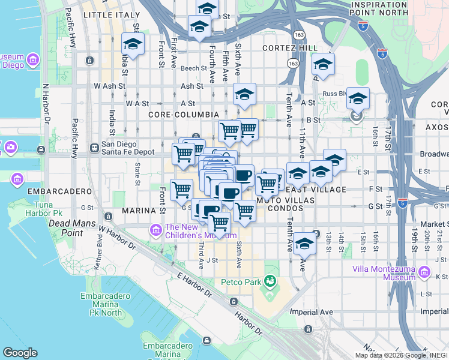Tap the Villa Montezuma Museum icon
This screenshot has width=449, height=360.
point(424,273)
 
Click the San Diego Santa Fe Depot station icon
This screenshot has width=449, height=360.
point(94,148)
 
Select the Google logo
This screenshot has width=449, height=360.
point(20,353)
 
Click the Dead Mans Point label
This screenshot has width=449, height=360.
point(65,227)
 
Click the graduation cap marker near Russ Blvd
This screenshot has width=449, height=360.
point(358,98)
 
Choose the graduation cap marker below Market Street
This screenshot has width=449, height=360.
point(305,244)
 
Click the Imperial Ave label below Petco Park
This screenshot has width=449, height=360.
point(311,312)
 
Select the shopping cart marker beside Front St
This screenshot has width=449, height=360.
point(181,190)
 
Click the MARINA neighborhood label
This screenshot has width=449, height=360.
point(139,211)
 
